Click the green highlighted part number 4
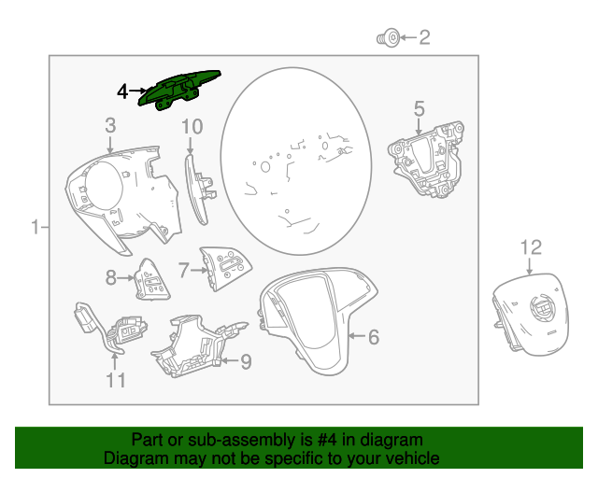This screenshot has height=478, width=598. tap(178, 90)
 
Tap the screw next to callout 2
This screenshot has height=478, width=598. tap(389, 38)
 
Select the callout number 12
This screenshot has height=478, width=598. tap(531, 247)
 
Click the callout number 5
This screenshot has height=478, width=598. tap(419, 109)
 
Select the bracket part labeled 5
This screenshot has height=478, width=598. tap(426, 160)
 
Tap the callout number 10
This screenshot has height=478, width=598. tap(192, 127)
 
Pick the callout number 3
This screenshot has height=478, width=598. tap(110, 125)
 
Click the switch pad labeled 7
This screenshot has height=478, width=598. tap(225, 268)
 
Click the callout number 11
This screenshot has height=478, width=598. tap(115, 380)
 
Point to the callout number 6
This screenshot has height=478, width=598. tap(374, 337)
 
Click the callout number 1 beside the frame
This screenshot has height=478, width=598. tap(36, 227)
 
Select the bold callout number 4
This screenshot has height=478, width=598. tap(122, 91)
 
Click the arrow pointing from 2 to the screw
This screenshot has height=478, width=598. tap(408, 37)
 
